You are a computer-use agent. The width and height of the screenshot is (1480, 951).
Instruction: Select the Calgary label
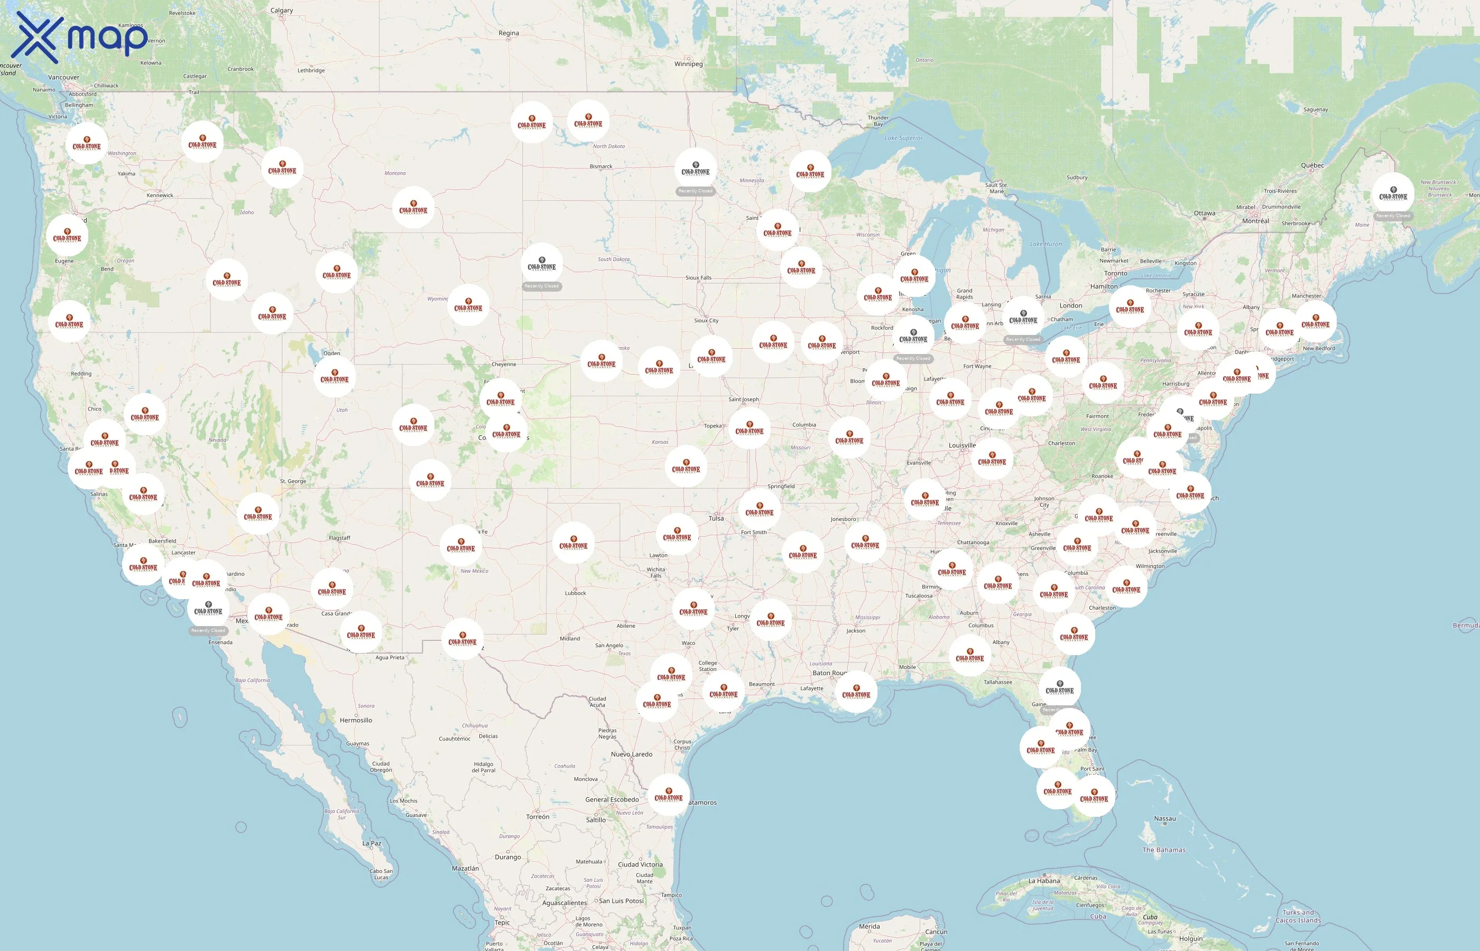pyautogui.click(x=281, y=11)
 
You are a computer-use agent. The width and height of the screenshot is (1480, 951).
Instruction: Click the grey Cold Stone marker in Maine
pyautogui.click(x=1393, y=193)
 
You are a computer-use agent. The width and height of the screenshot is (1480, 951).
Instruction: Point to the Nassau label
pyautogui.click(x=1164, y=819)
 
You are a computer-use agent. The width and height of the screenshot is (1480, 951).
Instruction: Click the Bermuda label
pyautogui.click(x=1465, y=626)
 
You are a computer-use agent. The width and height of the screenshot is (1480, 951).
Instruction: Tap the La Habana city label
pyautogui.click(x=1044, y=881)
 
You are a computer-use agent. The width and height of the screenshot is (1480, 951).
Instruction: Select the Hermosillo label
pyautogui.click(x=356, y=720)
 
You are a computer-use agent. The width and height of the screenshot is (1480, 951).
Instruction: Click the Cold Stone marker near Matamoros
pyautogui.click(x=668, y=795)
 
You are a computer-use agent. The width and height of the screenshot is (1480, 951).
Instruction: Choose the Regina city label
pyautogui.click(x=508, y=33)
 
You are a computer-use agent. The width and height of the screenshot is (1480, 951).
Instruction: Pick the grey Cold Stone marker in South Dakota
pyautogui.click(x=542, y=264)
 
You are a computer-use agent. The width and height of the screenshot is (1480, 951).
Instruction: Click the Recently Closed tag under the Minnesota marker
pyautogui.click(x=696, y=191)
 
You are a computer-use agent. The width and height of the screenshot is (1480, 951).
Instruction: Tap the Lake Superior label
pyautogui.click(x=903, y=138)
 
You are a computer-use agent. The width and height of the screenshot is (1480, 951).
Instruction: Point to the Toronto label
pyautogui.click(x=1116, y=273)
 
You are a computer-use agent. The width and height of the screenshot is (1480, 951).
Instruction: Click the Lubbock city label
pyautogui.click(x=575, y=593)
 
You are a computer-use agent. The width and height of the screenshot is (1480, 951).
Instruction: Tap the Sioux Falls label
pyautogui.click(x=698, y=278)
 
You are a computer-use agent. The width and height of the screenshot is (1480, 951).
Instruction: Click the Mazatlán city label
pyautogui.click(x=465, y=868)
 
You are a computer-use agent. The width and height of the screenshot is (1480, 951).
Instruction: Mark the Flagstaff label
pyautogui.click(x=339, y=538)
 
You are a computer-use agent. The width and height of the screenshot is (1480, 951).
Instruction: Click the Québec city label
pyautogui.click(x=1312, y=165)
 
